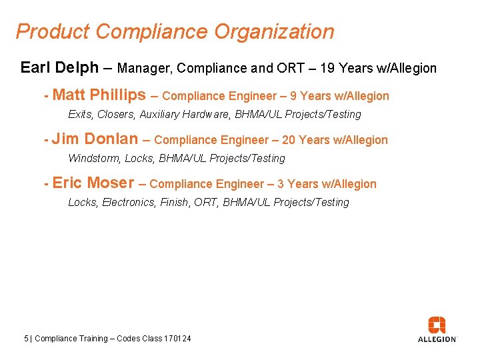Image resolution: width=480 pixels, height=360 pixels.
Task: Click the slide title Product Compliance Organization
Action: [175, 31]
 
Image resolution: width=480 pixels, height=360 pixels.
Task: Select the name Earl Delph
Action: [59, 67]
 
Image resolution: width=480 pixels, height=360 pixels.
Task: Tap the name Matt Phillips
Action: [99, 95]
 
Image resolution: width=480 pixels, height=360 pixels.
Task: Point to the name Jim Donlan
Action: [95, 139]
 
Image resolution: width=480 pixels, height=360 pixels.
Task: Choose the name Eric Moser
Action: [93, 183]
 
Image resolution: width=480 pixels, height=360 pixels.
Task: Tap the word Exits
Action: [81, 115]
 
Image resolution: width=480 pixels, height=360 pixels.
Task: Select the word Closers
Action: [116, 115]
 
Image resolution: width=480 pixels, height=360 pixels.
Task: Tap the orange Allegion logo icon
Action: [437, 325]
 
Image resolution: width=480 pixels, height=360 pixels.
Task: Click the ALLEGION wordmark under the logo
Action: [437, 339]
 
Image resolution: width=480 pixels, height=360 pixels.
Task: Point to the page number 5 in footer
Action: [26, 339]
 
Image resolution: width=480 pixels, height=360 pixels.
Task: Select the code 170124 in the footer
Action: [178, 339]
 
